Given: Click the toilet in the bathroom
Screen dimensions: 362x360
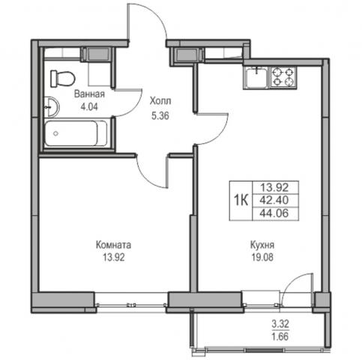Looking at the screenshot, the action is (63, 79).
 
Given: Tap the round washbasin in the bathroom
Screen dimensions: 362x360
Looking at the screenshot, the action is (52, 107).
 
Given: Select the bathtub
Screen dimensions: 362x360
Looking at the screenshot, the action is (76, 133).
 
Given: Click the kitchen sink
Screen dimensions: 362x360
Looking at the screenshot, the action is (256, 77).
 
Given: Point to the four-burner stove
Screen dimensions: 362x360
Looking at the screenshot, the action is (283, 77).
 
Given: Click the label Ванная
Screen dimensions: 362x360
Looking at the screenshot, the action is (89, 94).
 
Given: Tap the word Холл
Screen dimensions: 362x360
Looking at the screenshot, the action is (160, 101).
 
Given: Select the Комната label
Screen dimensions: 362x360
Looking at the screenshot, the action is (113, 245).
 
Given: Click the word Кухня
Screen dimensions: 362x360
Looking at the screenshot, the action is (262, 245).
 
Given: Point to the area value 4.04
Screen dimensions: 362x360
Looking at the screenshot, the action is (89, 107).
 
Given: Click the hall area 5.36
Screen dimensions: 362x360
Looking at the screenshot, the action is (160, 116).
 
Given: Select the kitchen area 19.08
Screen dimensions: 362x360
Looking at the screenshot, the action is (262, 257).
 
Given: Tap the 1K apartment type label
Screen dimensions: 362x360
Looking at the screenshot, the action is (241, 200).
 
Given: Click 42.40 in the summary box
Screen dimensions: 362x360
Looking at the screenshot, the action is (274, 200).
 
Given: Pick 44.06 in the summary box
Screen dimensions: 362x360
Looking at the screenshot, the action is (274, 214).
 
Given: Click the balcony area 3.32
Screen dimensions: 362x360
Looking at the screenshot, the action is (280, 324).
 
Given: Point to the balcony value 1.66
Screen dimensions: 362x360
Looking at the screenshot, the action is (280, 337).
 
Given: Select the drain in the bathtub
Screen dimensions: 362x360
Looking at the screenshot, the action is (55, 133).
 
